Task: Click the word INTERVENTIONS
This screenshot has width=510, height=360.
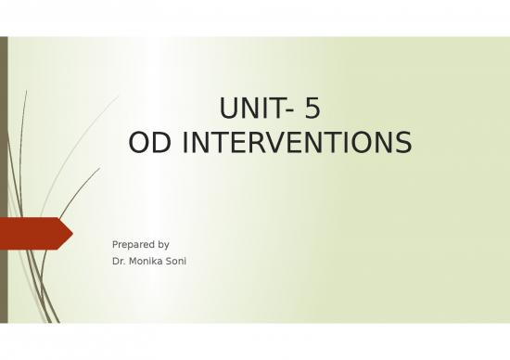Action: pos(290,144)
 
